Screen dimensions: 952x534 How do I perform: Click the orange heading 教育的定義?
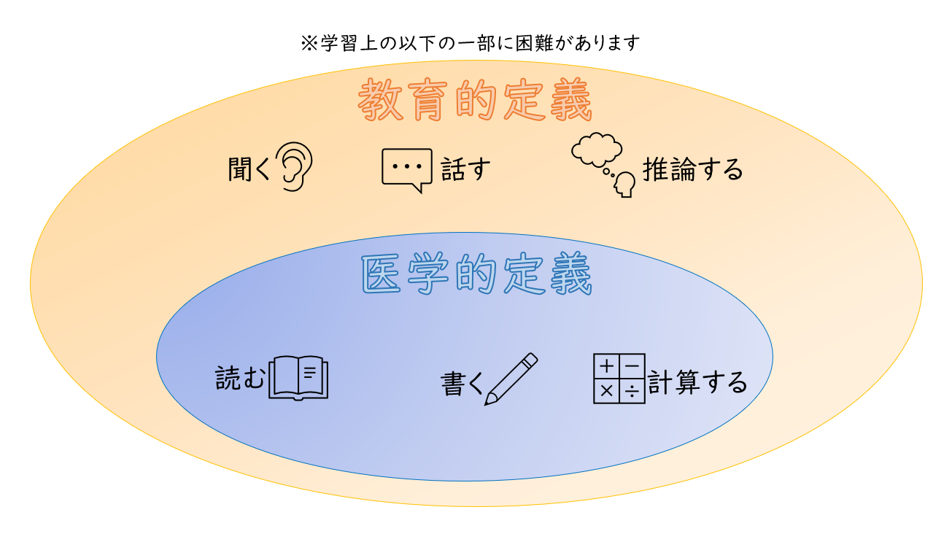[x=475, y=101]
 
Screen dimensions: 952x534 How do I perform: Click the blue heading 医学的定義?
[x=476, y=274]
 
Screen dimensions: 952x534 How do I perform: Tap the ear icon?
[x=294, y=166]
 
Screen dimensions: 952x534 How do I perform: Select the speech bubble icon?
[x=407, y=170]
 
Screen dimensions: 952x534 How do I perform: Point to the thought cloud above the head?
[x=596, y=150]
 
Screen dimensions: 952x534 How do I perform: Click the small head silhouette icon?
[x=624, y=185]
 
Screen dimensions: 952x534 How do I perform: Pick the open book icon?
[x=298, y=378]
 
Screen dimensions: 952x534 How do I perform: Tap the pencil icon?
[x=511, y=379]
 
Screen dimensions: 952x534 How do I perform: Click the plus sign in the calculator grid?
[x=606, y=365]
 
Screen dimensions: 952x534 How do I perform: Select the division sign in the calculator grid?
[x=632, y=391]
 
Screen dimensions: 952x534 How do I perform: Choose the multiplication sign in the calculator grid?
[x=606, y=391]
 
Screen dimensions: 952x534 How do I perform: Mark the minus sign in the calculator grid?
[x=632, y=365]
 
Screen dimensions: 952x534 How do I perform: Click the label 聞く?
[x=249, y=169]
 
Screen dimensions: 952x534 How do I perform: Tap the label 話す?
[x=465, y=169]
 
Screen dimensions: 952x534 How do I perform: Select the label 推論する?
[x=692, y=169]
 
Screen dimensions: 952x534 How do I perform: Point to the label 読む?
[x=240, y=378]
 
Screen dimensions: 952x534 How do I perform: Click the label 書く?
[x=463, y=384]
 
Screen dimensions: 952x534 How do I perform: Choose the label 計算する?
[x=697, y=382]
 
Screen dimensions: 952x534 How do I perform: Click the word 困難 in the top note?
[x=535, y=43]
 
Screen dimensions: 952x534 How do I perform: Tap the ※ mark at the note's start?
[x=309, y=43]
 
